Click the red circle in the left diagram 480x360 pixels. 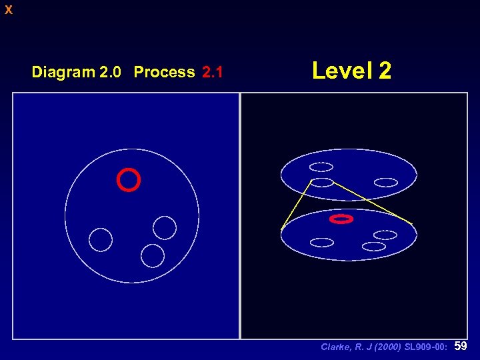point(128,180)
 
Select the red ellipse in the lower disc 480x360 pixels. point(341,219)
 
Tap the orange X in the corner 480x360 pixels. point(8,10)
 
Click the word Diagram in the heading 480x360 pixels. point(63,72)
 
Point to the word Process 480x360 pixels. point(164,72)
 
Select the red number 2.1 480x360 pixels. point(212,72)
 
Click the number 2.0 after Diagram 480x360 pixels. point(110,72)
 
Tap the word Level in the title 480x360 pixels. point(343,70)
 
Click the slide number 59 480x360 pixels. point(460,346)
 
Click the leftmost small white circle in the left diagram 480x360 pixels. point(101,239)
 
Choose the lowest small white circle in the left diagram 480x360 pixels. point(153,255)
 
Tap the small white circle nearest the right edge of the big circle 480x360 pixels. point(165,227)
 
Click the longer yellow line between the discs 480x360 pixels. point(373,203)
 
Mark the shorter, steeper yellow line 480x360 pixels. point(297,205)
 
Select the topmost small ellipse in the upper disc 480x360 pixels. point(321,167)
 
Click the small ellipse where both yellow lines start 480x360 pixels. point(322,182)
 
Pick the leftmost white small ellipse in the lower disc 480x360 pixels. point(322,241)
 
